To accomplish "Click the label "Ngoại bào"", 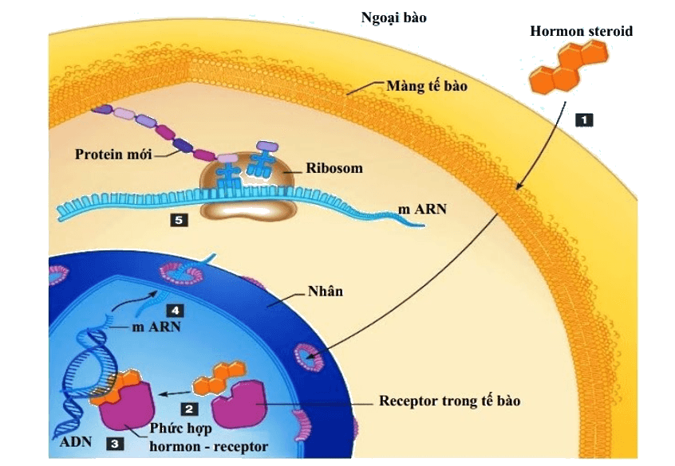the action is click(x=393, y=18).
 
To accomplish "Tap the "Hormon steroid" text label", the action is click(x=581, y=31).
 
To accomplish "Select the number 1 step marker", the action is click(x=584, y=120).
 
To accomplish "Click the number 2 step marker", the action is click(x=189, y=409).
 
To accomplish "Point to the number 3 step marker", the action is click(x=115, y=443).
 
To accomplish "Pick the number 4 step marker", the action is click(x=175, y=311).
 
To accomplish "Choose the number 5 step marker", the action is click(x=179, y=220).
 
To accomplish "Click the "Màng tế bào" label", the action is click(x=427, y=86).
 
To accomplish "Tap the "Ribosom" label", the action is click(x=334, y=168).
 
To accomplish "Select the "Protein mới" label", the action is click(x=113, y=155).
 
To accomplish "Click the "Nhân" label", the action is click(x=326, y=291).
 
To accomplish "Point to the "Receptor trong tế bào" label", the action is click(x=449, y=401).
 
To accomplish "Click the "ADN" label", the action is click(x=76, y=441).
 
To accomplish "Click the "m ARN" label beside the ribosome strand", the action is click(x=422, y=210).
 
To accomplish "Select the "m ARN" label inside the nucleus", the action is click(x=156, y=327).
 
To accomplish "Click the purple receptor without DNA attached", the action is click(x=239, y=404).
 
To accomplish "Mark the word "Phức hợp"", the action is click(x=180, y=429).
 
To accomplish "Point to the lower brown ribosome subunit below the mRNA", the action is click(x=249, y=210).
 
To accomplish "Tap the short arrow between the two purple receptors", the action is click(x=175, y=393).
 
